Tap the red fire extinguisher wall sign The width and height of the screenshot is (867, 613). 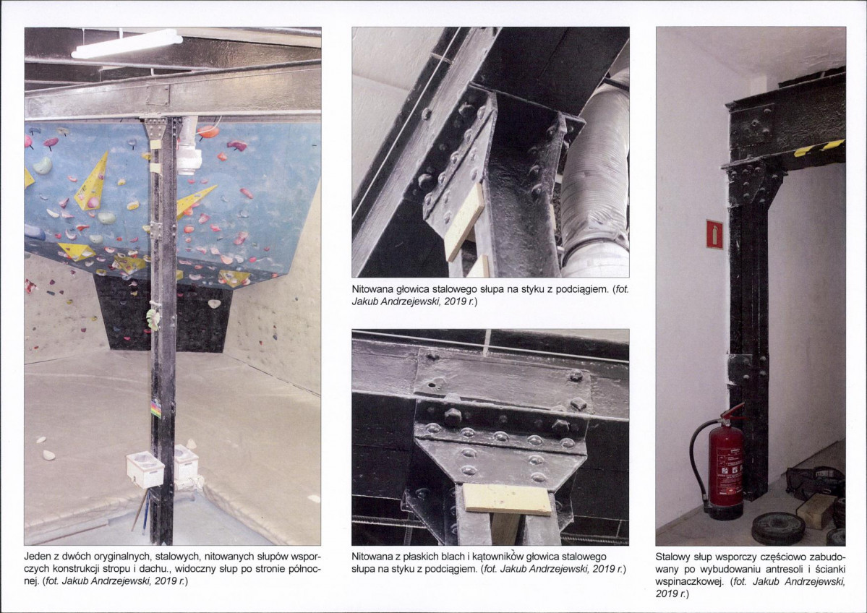click(x=714, y=233)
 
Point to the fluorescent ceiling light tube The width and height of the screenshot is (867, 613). click(x=127, y=44)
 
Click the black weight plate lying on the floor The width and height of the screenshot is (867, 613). click(x=778, y=527)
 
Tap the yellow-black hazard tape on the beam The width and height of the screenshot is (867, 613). click(x=819, y=147)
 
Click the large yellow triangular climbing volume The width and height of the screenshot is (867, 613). click(x=93, y=181)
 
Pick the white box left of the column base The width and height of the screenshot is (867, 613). click(x=145, y=469)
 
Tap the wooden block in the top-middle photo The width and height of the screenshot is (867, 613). click(x=464, y=222)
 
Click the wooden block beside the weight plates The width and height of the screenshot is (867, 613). click(x=815, y=510)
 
